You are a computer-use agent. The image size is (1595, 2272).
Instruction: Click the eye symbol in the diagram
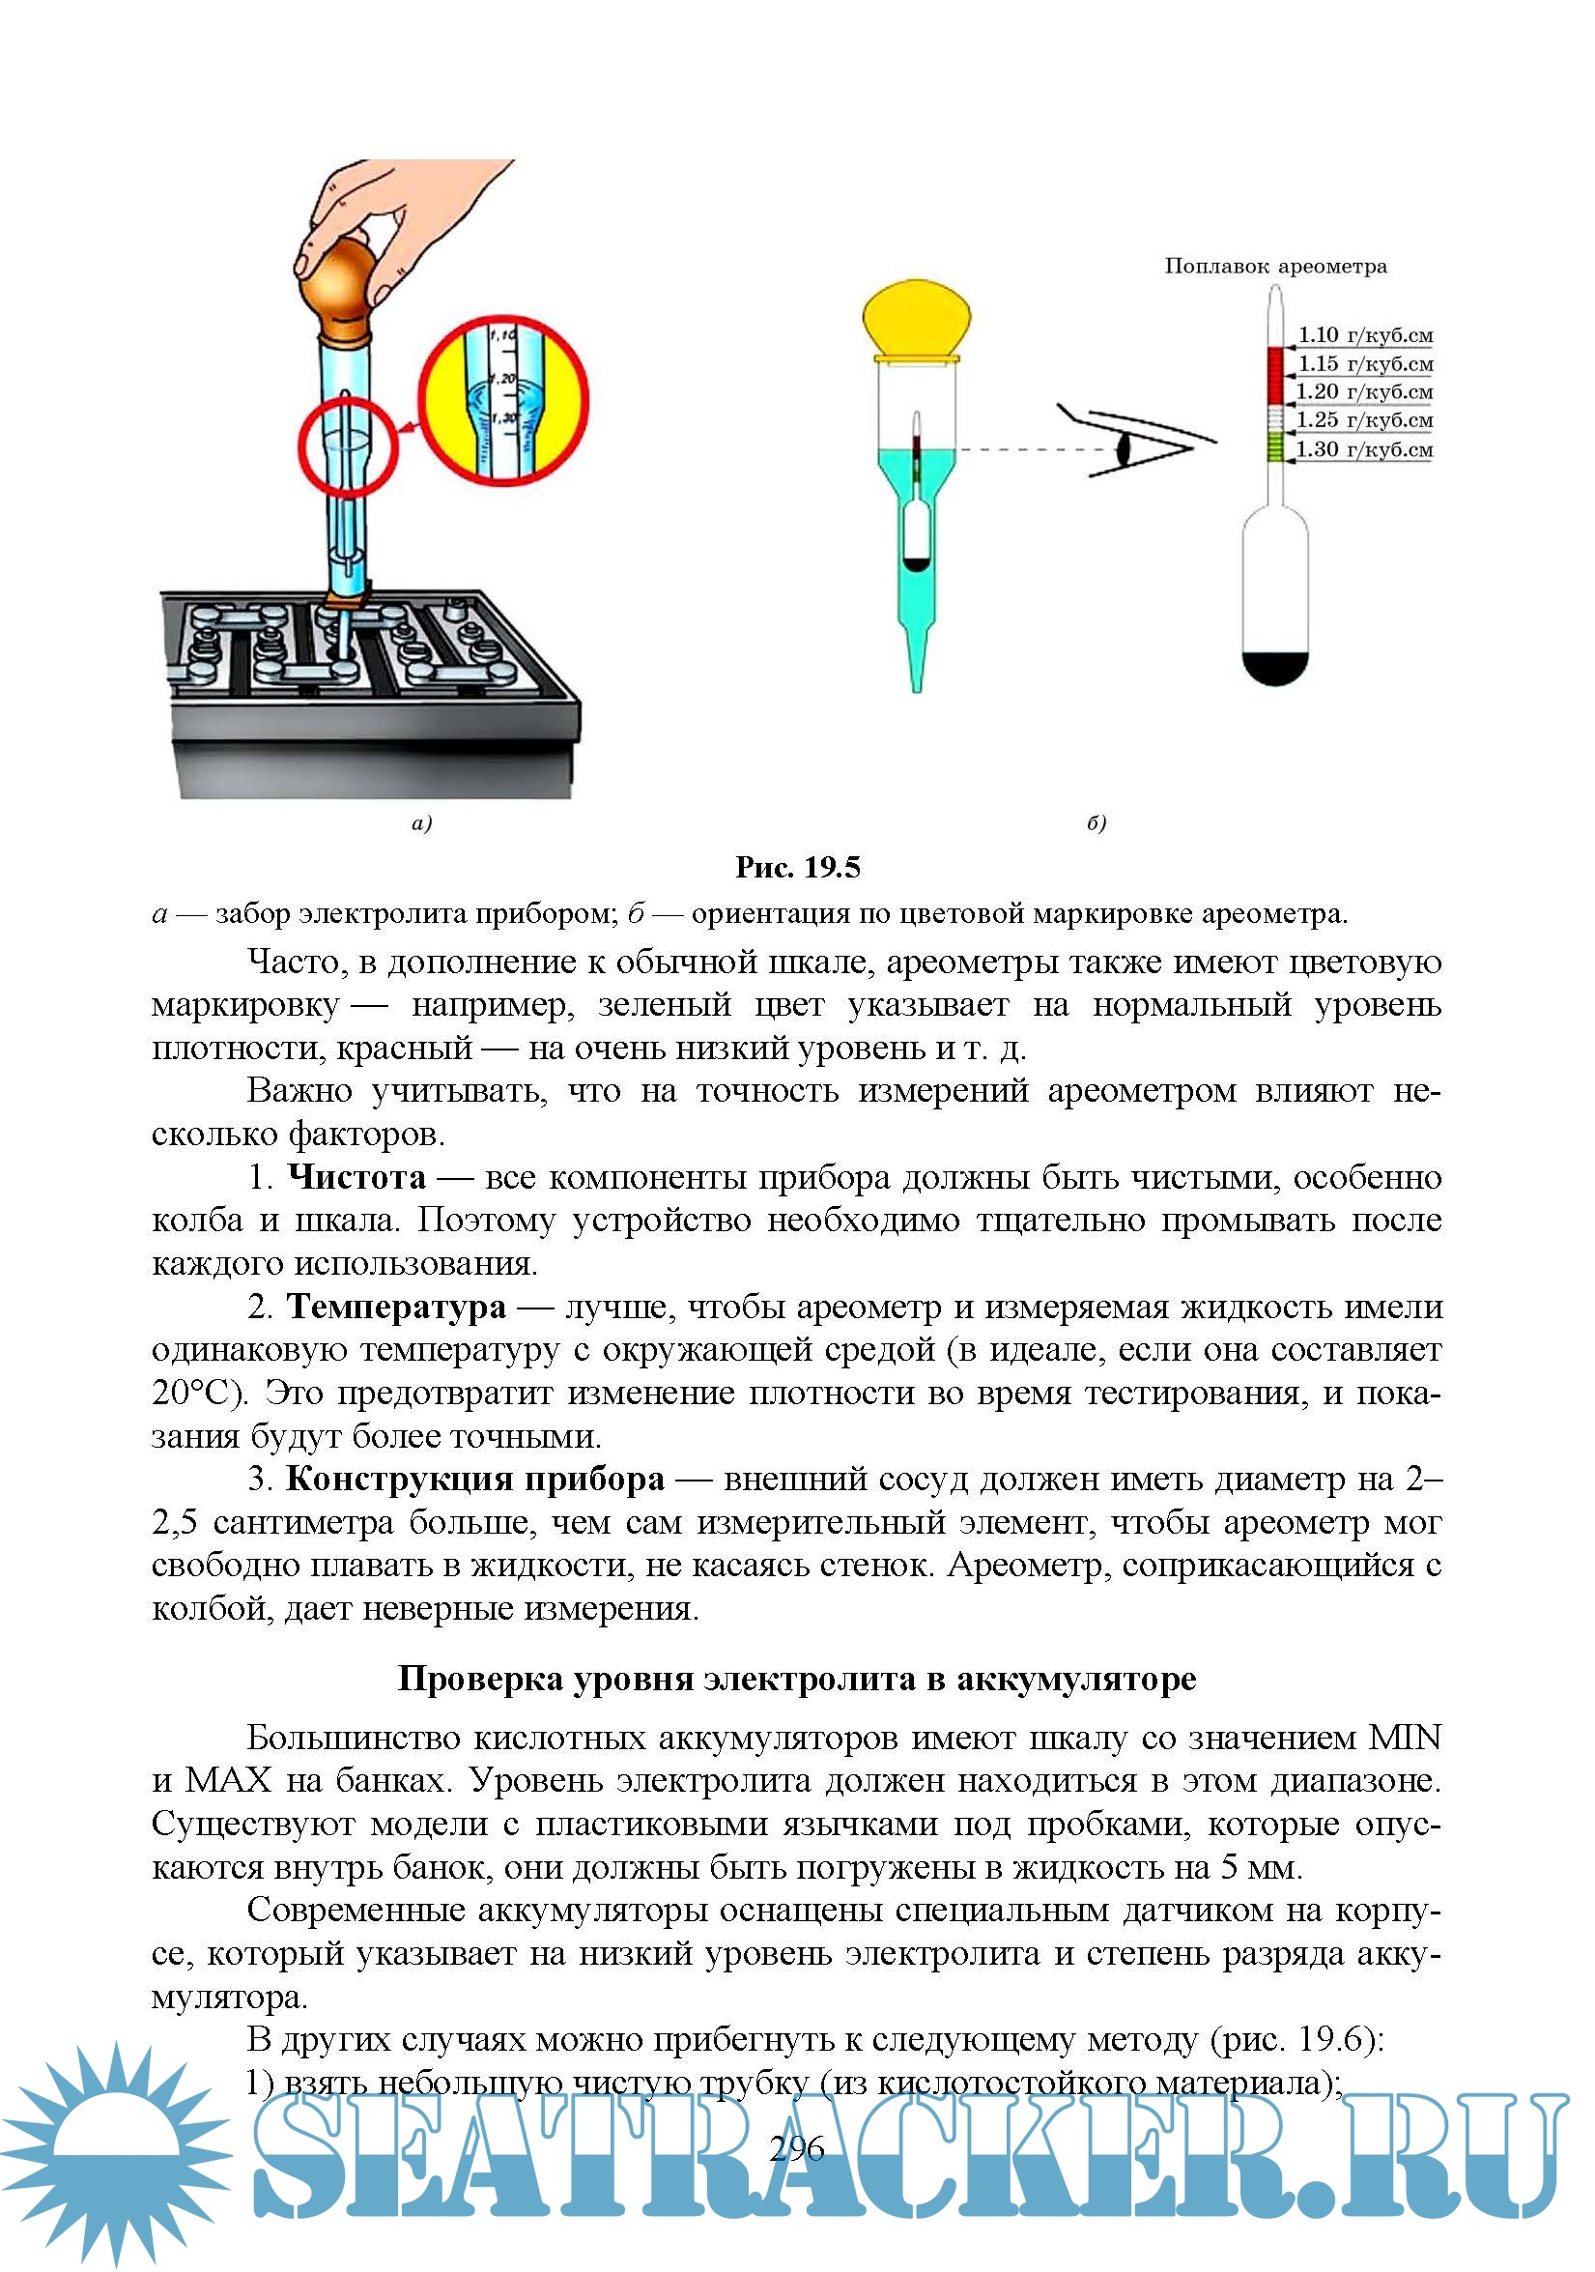coord(1125,449)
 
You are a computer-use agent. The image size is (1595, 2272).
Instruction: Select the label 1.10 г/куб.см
coord(1364,335)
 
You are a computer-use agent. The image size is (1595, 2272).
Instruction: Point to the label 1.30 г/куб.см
coord(1364,449)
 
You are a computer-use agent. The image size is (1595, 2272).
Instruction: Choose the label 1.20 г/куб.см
coord(1364,391)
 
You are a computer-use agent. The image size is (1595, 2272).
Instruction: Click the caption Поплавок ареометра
coord(1274,266)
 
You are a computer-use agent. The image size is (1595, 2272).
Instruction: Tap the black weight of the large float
coord(1274,669)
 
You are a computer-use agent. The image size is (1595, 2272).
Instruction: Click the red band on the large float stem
coord(1274,376)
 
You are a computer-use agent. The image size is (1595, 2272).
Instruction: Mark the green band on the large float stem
coord(1274,447)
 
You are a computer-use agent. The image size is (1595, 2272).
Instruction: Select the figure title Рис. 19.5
coord(798,868)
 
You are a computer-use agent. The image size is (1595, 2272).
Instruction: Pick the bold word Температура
coord(396,1308)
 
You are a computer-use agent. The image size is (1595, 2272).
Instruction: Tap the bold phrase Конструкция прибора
coord(475,1479)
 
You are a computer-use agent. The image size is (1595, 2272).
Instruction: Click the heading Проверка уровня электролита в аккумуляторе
coord(798,1680)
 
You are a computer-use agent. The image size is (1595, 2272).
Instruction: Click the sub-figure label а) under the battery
coord(421,823)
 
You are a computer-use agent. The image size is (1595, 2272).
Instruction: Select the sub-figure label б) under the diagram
coord(1096,823)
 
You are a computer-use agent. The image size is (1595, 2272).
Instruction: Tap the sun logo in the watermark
coord(117,2153)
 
